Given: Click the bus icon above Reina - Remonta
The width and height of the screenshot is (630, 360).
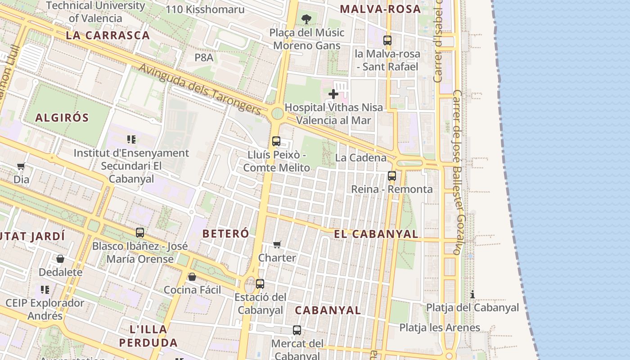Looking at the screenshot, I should click(x=392, y=176).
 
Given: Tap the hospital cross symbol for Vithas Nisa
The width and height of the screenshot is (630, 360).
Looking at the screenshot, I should click(x=333, y=94).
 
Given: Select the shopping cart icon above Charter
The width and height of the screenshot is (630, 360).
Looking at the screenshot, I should click(x=277, y=244).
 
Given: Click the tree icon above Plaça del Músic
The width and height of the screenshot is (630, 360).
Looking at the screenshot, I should click(x=306, y=19).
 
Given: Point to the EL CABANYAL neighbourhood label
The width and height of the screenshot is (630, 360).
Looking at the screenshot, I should click(x=376, y=234).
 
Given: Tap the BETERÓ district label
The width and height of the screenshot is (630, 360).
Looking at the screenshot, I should click(x=225, y=234).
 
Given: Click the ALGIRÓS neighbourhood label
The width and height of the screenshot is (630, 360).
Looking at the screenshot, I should click(x=62, y=118).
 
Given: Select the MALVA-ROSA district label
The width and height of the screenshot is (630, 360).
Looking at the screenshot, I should click(x=380, y=9).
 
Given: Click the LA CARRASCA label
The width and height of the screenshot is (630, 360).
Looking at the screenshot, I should click(x=108, y=36).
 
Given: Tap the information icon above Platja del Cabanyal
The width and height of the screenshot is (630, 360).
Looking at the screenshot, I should click(x=472, y=295).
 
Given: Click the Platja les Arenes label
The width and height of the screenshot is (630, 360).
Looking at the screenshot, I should click(x=440, y=328).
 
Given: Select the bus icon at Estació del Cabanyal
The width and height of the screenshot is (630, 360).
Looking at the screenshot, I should click(x=260, y=284).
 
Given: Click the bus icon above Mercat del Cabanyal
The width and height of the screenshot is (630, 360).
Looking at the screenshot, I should click(x=297, y=330).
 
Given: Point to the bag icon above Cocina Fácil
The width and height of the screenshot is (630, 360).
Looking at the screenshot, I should click(x=192, y=277).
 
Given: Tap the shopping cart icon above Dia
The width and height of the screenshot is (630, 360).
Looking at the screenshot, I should click(x=21, y=166).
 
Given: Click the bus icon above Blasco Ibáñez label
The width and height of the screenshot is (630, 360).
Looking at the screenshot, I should click(x=140, y=233).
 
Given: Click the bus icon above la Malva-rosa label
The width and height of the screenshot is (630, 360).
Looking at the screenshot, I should click(x=387, y=40).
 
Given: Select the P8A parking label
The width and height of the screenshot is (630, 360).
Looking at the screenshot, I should click(x=204, y=58).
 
